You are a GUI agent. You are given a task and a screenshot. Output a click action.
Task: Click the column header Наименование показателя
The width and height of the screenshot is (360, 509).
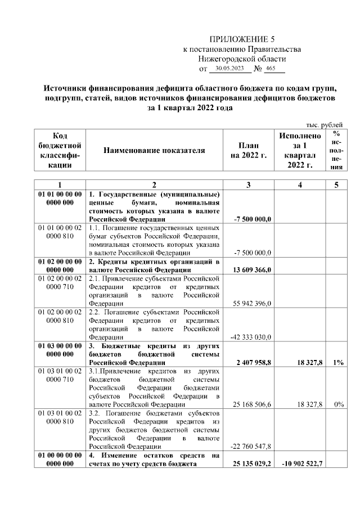pos(154,150)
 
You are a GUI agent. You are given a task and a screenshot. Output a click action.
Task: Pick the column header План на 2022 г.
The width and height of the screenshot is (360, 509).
pos(248,150)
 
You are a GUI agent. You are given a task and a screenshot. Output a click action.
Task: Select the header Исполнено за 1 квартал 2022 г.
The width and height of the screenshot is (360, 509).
pos(300,150)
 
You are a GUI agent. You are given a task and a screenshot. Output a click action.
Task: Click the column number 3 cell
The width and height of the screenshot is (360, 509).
pos(248,184)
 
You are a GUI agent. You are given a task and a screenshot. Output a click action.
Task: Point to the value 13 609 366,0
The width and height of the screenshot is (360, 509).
pos(252,269)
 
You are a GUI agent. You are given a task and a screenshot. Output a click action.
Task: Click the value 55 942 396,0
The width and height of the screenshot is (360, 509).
pos(253,303)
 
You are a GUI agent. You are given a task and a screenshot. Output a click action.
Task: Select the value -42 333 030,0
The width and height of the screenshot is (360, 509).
pos(252,337)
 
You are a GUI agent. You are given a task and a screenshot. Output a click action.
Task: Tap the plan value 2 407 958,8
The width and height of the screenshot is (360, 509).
pos(253,363)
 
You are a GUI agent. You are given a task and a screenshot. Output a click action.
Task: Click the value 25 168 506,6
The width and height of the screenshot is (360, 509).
pos(253,404)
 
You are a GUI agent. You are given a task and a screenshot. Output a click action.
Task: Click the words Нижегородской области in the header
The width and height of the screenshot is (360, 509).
pos(242,58)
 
